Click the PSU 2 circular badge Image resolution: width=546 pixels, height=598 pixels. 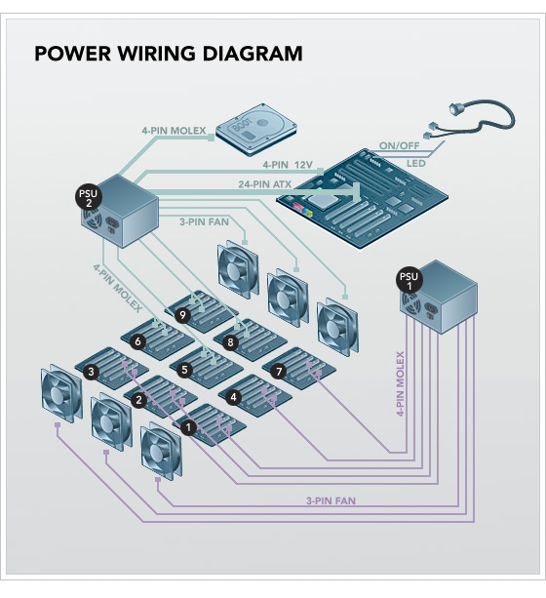pos(89,198)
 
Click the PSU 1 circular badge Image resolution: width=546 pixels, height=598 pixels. pos(409,281)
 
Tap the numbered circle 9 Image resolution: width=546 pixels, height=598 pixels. pos(183,315)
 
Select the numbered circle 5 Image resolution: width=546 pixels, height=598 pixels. pos(184,370)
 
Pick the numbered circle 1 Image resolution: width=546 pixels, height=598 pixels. pos(188,427)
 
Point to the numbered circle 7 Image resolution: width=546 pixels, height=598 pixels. pos(279,371)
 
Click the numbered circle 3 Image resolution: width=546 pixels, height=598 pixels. pos(91,372)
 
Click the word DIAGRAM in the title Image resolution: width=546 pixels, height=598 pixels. pos(253,53)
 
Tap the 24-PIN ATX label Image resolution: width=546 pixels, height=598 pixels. pos(265,184)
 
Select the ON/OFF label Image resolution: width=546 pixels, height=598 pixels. pos(399,145)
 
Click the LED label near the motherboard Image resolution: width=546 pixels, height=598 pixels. pos(416,164)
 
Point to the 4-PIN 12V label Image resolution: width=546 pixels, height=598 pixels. pos(288,165)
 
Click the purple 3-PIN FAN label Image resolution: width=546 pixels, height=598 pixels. pos(331,500)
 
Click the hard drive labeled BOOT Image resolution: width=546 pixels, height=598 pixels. pos(256,130)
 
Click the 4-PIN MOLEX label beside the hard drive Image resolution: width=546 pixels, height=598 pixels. pos(174,131)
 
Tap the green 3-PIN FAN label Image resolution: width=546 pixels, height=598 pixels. pos(205,221)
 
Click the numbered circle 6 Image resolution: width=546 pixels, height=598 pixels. pos(138,341)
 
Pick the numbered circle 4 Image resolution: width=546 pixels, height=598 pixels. pos(233,398)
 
